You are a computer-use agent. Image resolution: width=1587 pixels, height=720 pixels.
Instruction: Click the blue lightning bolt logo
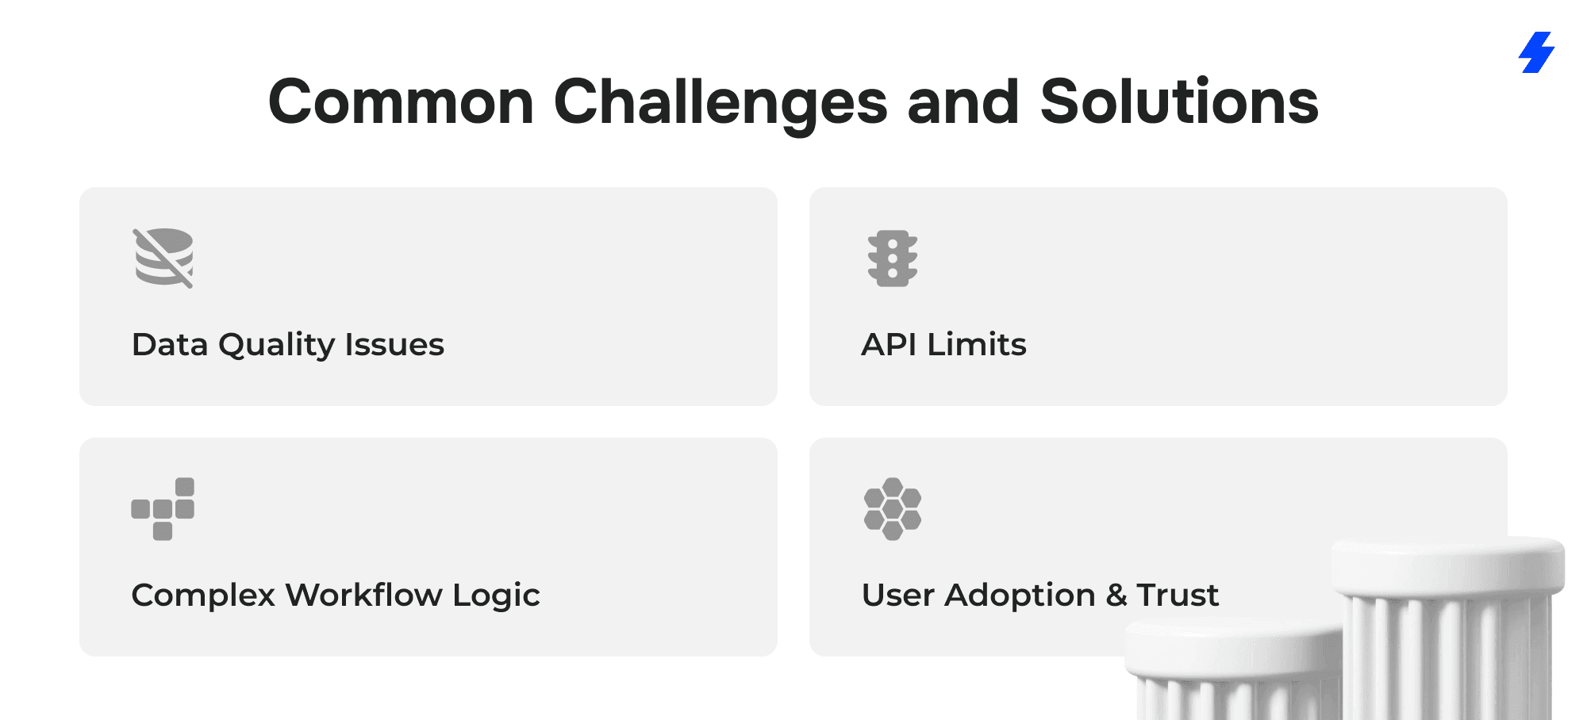coord(1537,52)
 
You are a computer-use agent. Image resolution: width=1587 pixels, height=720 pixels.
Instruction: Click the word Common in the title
coord(402,102)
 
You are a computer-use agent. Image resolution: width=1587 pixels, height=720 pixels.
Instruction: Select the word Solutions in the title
coord(1179,101)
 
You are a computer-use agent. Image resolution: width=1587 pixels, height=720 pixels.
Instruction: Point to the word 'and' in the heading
coord(963,101)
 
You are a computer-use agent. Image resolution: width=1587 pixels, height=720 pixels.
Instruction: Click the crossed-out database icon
coord(163,258)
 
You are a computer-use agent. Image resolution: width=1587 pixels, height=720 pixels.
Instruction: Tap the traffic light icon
coord(893,259)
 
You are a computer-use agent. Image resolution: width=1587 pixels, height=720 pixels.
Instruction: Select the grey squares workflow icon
coord(163,509)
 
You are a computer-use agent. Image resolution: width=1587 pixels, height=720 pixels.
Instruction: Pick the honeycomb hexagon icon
coord(893,509)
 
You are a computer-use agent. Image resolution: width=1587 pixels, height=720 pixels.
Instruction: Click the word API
coord(889,344)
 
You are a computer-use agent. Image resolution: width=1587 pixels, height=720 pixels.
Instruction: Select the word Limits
coord(977,344)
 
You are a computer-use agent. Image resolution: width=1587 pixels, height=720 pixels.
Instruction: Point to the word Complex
coord(203,596)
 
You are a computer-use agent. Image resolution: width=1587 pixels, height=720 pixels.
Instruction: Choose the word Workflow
coord(363,595)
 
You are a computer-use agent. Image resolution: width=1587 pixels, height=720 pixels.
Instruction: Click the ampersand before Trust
coord(1116,595)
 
